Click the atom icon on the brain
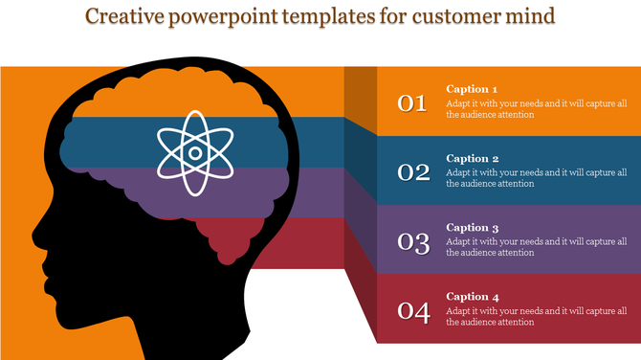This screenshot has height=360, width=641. coord(194,152)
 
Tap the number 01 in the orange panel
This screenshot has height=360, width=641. coord(412,103)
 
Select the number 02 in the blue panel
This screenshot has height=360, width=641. coord(413,172)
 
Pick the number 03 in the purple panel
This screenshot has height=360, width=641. coord(413,242)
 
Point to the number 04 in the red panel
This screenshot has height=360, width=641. coord(413,311)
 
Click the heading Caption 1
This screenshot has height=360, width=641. coord(473,89)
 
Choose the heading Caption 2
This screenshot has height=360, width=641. coord(473,159)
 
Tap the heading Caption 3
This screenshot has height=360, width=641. coord(473,228)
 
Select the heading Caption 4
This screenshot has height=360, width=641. coord(473,297)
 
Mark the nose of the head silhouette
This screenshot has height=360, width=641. coord(34,234)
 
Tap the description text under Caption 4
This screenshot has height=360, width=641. coord(535,317)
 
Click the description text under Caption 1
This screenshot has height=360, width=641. coord(535,109)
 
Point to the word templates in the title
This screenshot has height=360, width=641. coord(339,17)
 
